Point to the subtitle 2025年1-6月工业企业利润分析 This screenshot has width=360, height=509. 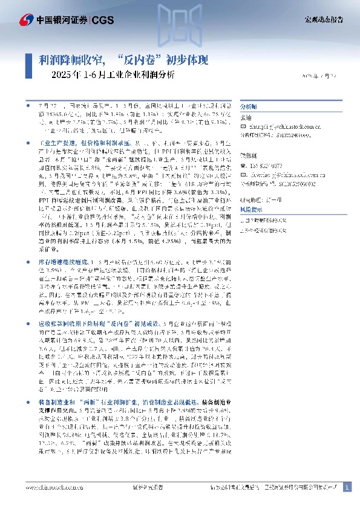(111, 76)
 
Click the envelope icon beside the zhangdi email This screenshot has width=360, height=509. (243, 128)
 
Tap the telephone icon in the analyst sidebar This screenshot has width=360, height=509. (243, 165)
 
